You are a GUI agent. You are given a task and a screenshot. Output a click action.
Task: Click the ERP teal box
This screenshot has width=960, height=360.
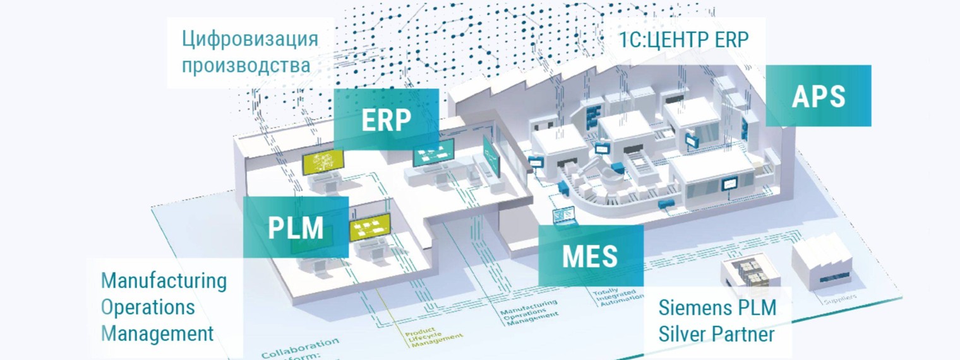click(386, 119)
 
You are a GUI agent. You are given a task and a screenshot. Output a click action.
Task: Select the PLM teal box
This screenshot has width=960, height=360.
click(296, 227)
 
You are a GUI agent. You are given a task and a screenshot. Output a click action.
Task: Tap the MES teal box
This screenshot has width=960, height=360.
click(590, 256)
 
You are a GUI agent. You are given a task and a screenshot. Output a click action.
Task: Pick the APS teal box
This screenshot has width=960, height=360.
click(819, 96)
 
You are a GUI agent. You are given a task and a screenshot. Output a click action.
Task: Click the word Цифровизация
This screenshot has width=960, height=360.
click(250, 39)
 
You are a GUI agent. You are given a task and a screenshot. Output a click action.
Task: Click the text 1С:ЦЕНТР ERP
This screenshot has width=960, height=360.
click(685, 40)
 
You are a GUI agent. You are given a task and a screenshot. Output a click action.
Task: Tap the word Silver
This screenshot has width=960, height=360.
click(685, 333)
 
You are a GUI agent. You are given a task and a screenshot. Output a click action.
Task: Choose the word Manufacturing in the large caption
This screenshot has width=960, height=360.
click(164, 280)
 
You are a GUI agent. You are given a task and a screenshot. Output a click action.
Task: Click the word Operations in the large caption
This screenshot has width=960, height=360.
click(148, 307)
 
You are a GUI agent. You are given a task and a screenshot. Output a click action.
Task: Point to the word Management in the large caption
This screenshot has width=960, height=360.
click(157, 333)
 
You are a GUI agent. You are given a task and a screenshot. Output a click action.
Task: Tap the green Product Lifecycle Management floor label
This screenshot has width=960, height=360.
click(436, 330)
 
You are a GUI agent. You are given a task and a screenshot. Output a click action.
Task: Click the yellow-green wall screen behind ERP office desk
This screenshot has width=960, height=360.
click(323, 163)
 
